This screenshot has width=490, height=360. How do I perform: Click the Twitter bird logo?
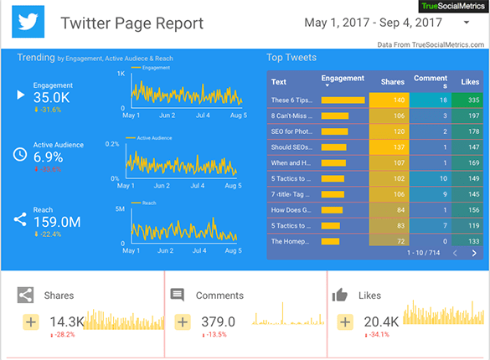[30, 23]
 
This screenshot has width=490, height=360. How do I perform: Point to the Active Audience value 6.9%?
[48, 157]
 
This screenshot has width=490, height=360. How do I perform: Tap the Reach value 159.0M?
[57, 222]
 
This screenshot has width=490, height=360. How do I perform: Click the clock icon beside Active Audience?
[20, 154]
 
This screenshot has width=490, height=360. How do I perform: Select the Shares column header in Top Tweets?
[392, 81]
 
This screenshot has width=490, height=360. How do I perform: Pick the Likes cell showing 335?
[467, 100]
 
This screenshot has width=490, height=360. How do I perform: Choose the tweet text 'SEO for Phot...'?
[291, 131]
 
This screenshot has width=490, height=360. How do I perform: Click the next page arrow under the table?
[475, 252]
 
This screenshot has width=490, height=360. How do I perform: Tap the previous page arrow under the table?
[456, 252]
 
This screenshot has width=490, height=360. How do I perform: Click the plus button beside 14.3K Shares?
[31, 322]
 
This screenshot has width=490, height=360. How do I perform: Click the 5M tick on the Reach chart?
[120, 208]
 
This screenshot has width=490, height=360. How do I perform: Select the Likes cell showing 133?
[467, 241]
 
